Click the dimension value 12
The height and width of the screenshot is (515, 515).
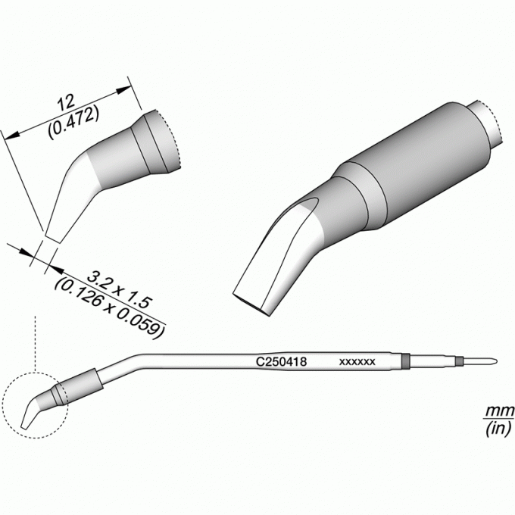[x=66, y=103]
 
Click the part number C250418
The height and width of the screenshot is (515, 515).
[x=282, y=361]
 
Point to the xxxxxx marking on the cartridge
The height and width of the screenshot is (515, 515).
[x=357, y=362]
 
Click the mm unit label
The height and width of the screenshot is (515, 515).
[x=500, y=411]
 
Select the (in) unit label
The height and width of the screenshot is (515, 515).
[x=498, y=429]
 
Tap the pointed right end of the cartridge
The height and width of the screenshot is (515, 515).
[x=496, y=361]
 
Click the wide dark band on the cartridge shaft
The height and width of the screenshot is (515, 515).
[x=406, y=361]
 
